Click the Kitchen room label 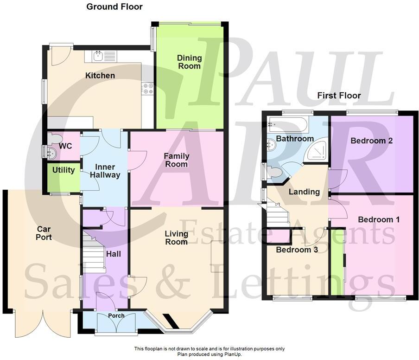[100, 76]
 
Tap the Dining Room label [190, 62]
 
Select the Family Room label [176, 160]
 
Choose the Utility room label [63, 170]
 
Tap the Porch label [116, 316]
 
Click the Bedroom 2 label [372, 141]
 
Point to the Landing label [304, 192]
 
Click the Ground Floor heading [114, 6]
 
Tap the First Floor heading [339, 96]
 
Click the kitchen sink [98, 57]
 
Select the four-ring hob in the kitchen [148, 88]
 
